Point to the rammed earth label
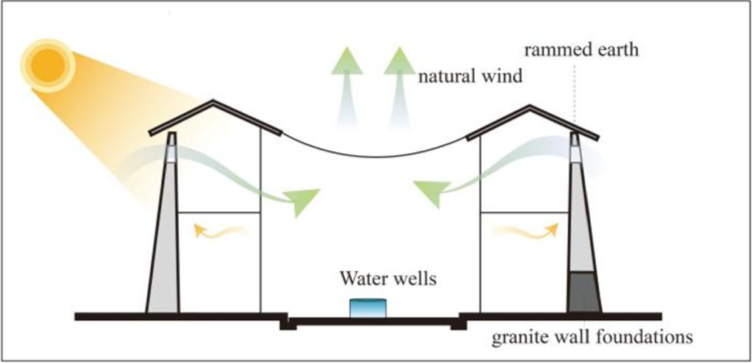pyautogui.click(x=580, y=51)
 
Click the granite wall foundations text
pyautogui.click(x=592, y=338)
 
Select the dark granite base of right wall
pyautogui.click(x=583, y=292)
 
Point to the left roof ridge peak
pyautogui.click(x=214, y=101)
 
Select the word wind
pyautogui.click(x=507, y=75)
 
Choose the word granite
pyautogui.click(x=516, y=338)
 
